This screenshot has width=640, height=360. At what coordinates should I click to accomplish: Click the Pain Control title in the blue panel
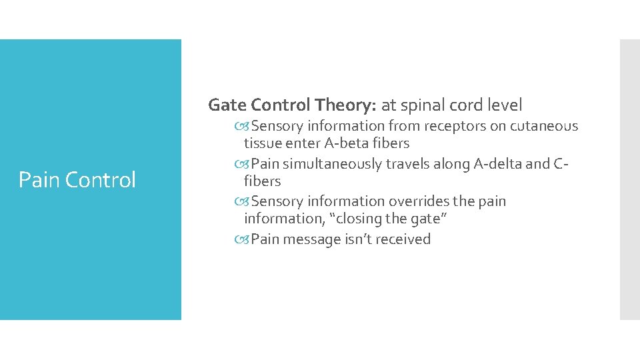[x=77, y=180]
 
